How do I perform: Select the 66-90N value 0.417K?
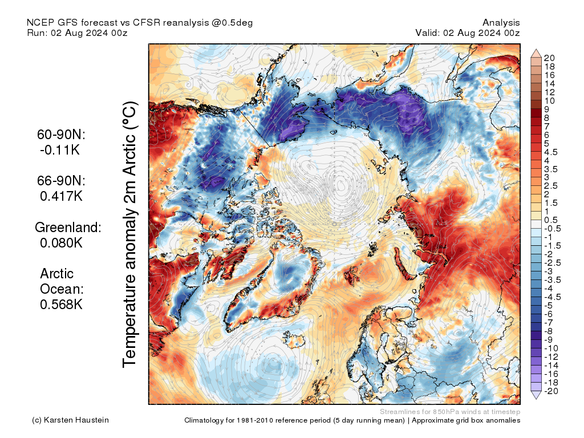point(62,196)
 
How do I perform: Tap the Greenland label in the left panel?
point(68,228)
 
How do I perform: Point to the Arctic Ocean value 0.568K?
point(62,305)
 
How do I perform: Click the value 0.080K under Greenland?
point(62,243)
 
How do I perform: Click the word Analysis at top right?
point(501,22)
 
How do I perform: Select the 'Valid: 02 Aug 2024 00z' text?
point(468,33)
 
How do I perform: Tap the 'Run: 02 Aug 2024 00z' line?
point(77,33)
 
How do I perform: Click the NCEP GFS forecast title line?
point(140,22)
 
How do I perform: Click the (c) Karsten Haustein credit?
point(70,420)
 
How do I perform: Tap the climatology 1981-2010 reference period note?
point(352,420)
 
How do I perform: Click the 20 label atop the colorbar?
point(549,58)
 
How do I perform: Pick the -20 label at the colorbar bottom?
point(551,391)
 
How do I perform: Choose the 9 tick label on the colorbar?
point(546,109)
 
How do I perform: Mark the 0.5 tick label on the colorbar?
point(550,220)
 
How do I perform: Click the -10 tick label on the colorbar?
point(551,348)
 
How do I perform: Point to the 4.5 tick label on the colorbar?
point(550,152)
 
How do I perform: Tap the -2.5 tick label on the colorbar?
point(552,263)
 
